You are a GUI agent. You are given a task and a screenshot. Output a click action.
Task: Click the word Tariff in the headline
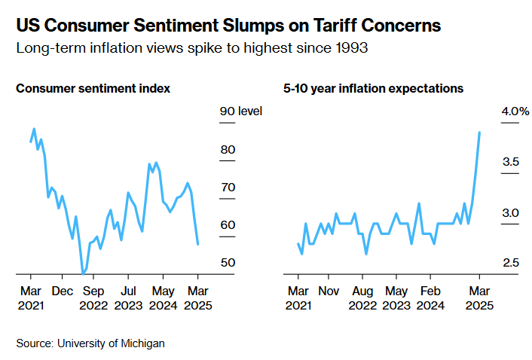[327, 26]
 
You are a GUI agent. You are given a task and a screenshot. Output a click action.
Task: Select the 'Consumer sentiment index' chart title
[93, 88]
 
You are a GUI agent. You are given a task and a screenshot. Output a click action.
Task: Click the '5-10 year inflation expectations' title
[373, 88]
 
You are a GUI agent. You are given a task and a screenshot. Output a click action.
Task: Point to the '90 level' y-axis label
[240, 111]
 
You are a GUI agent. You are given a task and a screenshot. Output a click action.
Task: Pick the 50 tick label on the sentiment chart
[228, 262]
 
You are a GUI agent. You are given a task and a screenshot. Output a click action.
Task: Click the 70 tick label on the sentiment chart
[228, 187]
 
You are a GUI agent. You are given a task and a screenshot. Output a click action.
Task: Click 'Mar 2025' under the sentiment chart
[198, 298]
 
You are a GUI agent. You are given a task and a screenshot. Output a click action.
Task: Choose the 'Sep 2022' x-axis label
[93, 298]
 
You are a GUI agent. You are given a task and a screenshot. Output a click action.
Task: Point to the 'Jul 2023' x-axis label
[129, 298]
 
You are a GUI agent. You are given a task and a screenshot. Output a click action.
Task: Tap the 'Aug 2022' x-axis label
[362, 298]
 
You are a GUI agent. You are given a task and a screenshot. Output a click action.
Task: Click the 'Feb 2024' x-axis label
[430, 298]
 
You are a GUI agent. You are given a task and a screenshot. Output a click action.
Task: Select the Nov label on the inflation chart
[329, 290]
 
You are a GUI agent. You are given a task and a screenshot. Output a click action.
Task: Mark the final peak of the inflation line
[480, 133]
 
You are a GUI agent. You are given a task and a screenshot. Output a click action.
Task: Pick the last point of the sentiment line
[198, 244]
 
